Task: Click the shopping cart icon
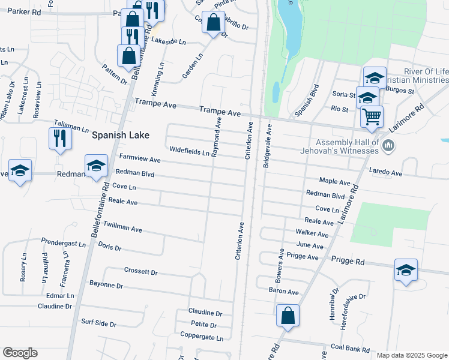[x=372, y=116]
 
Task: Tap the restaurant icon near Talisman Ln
[x=60, y=138]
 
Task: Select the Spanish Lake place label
[x=120, y=136]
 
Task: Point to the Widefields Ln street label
[x=189, y=151]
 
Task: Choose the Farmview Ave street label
[x=140, y=160]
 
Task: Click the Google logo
[x=20, y=353]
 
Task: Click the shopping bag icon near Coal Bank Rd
[x=288, y=316]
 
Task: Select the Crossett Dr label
[x=140, y=272]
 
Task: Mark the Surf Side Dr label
[x=98, y=323]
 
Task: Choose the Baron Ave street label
[x=284, y=292]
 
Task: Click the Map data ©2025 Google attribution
[x=412, y=355]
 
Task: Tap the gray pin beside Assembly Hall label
[x=389, y=145]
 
